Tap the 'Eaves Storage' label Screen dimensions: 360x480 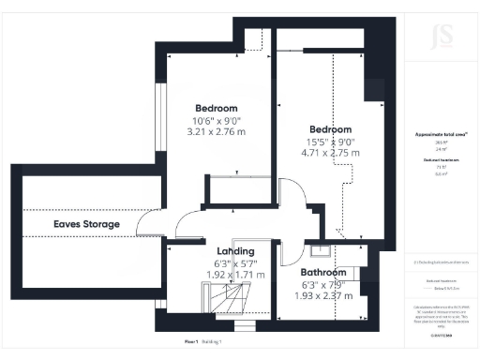[86, 225]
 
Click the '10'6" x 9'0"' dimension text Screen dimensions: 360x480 [217, 120]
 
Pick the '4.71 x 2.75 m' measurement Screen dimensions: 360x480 [331, 153]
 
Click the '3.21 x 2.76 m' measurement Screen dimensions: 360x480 [217, 133]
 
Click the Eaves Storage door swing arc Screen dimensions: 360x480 [148, 224]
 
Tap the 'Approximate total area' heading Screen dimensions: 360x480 [441, 135]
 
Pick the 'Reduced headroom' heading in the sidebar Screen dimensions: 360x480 [441, 161]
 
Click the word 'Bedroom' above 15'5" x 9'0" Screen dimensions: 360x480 [331, 128]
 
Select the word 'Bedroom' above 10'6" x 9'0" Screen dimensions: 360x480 [217, 108]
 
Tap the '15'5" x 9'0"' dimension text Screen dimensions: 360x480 [331, 141]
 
